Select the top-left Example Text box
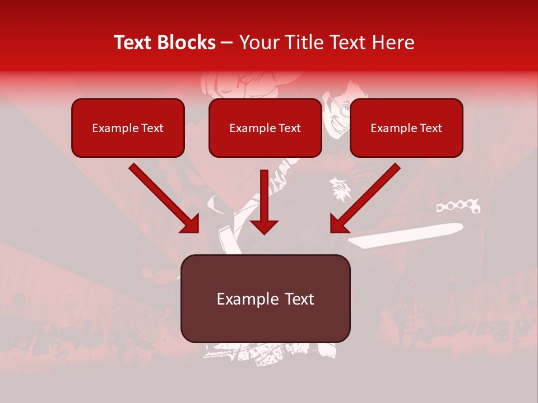point(128,128)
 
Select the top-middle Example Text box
point(265,128)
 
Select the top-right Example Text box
point(406,128)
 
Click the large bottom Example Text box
point(265,298)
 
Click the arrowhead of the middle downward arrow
point(264,226)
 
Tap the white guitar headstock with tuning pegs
point(458,207)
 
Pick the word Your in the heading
point(259,43)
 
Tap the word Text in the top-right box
point(430,128)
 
